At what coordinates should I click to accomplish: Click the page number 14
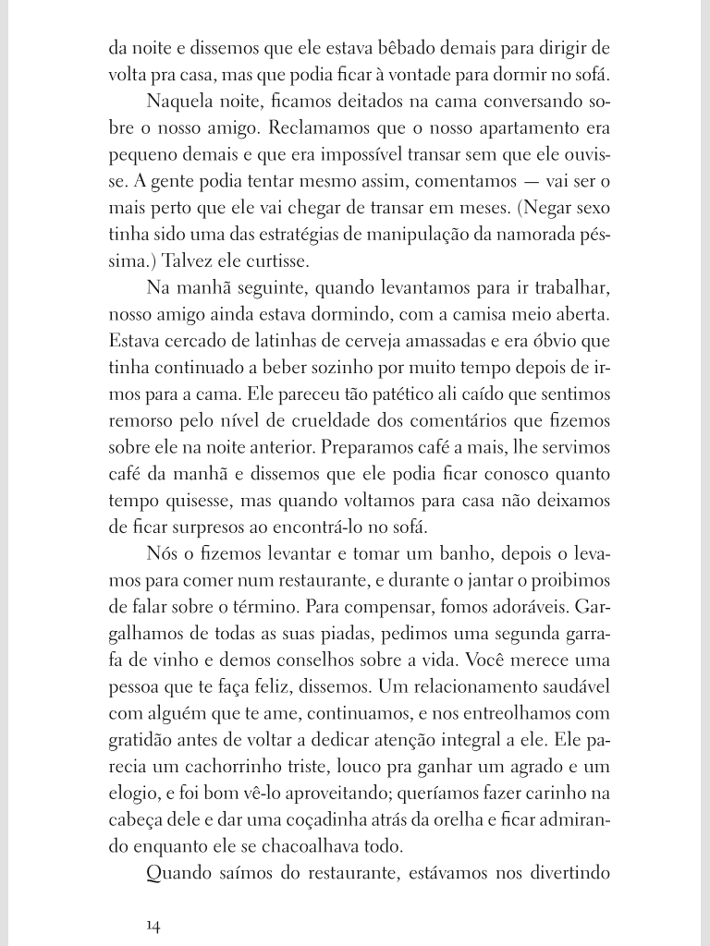pos(153,926)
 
